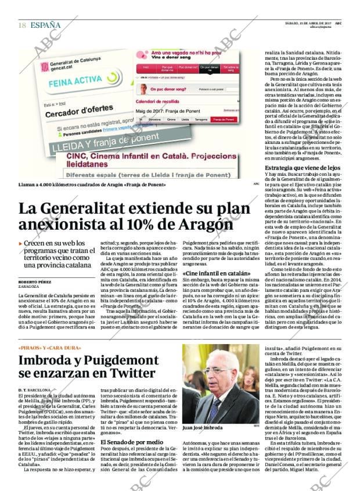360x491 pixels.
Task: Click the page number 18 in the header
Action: (x=22, y=25)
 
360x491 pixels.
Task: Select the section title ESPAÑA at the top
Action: (x=45, y=25)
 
